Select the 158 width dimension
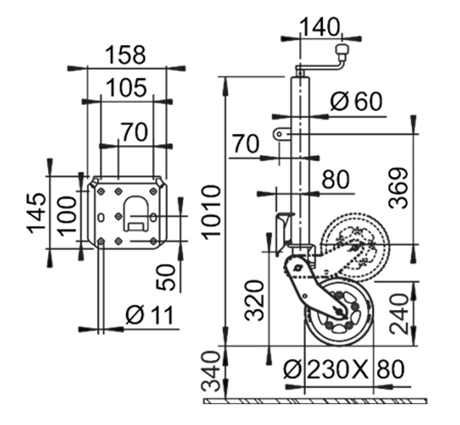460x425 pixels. (125, 55)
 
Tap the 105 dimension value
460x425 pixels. (125, 89)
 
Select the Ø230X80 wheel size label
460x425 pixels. (344, 368)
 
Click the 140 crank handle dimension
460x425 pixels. (321, 27)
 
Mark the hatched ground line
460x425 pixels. (316, 400)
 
